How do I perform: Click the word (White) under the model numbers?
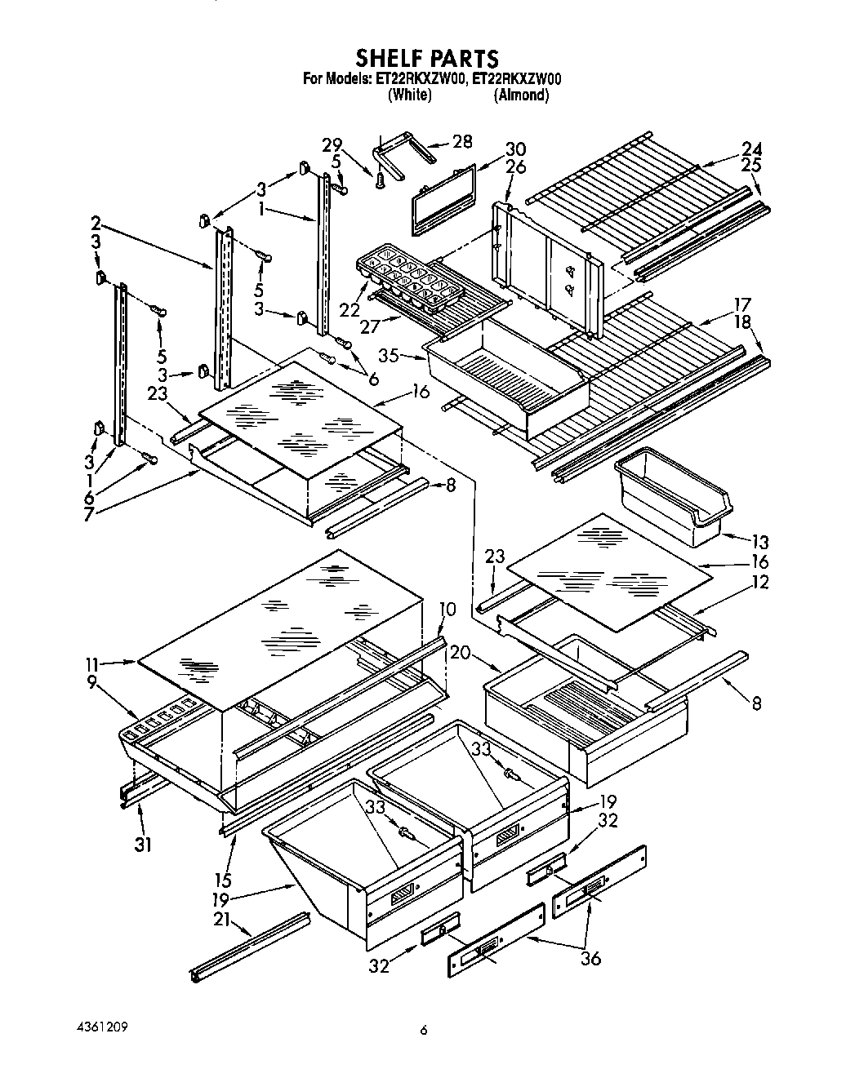click(x=409, y=95)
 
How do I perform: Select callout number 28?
click(x=462, y=141)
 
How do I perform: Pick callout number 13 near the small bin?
click(x=759, y=541)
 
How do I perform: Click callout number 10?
click(x=447, y=610)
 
